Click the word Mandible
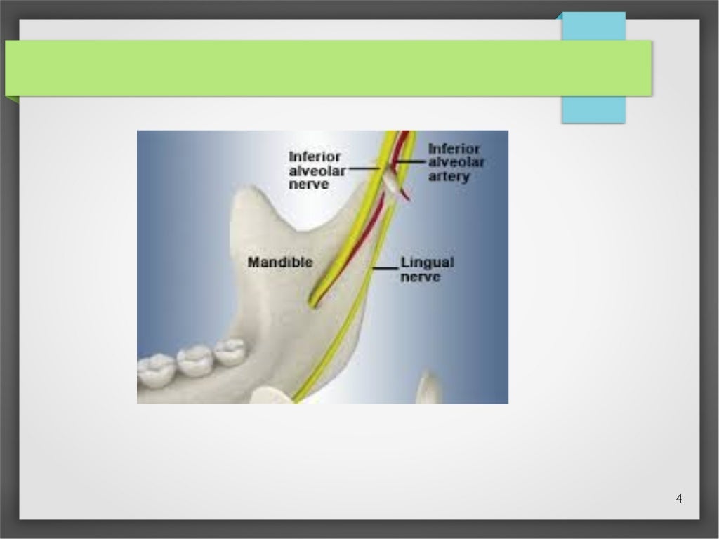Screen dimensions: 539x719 (x=280, y=262)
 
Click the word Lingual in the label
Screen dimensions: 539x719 (x=427, y=262)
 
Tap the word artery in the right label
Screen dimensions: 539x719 (x=449, y=177)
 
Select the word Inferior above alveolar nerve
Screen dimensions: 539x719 (x=315, y=156)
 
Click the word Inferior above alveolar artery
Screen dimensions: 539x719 (x=454, y=149)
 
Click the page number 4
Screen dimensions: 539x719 (x=678, y=498)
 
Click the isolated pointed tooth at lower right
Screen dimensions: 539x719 (x=428, y=388)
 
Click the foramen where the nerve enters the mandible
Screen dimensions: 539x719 (x=313, y=300)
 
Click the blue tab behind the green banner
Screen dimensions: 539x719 (x=593, y=109)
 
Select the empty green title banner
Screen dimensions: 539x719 (x=328, y=68)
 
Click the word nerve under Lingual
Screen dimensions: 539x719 (x=421, y=277)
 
